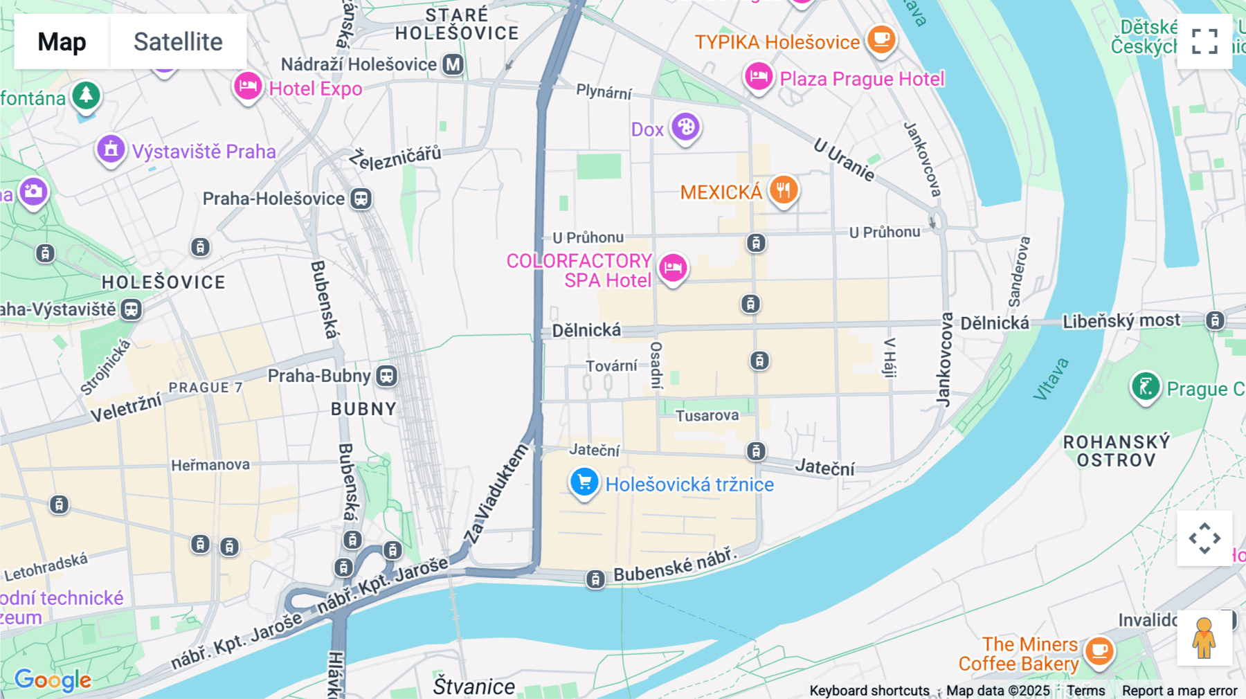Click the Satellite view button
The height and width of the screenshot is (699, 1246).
(x=178, y=42)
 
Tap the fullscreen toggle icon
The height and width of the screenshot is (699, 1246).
(x=1204, y=42)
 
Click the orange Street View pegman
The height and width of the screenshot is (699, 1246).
(x=1204, y=638)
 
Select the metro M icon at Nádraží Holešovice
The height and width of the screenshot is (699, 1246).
(x=453, y=64)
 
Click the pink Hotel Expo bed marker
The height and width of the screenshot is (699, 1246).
(x=247, y=87)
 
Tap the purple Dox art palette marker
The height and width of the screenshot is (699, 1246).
(x=685, y=127)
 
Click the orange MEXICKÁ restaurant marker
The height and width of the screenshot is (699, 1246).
(x=783, y=189)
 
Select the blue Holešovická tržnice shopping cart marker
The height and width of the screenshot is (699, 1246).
(x=584, y=482)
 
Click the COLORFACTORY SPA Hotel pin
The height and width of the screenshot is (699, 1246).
(x=672, y=267)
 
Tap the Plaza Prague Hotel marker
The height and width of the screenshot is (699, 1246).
(x=758, y=76)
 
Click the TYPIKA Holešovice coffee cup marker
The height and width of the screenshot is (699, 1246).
(x=881, y=39)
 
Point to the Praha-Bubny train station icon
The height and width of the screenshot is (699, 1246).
(x=386, y=376)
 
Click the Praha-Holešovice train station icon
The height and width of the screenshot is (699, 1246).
(x=361, y=199)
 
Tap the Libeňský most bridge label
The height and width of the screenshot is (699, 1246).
(x=1121, y=321)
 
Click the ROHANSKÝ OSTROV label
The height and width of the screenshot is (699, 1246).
(x=1116, y=451)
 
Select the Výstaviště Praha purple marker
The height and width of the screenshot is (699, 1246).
(x=111, y=149)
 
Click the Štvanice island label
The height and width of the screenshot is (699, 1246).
(x=473, y=687)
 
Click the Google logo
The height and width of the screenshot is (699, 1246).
(x=53, y=680)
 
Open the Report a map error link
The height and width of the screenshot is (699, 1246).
(x=1179, y=691)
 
